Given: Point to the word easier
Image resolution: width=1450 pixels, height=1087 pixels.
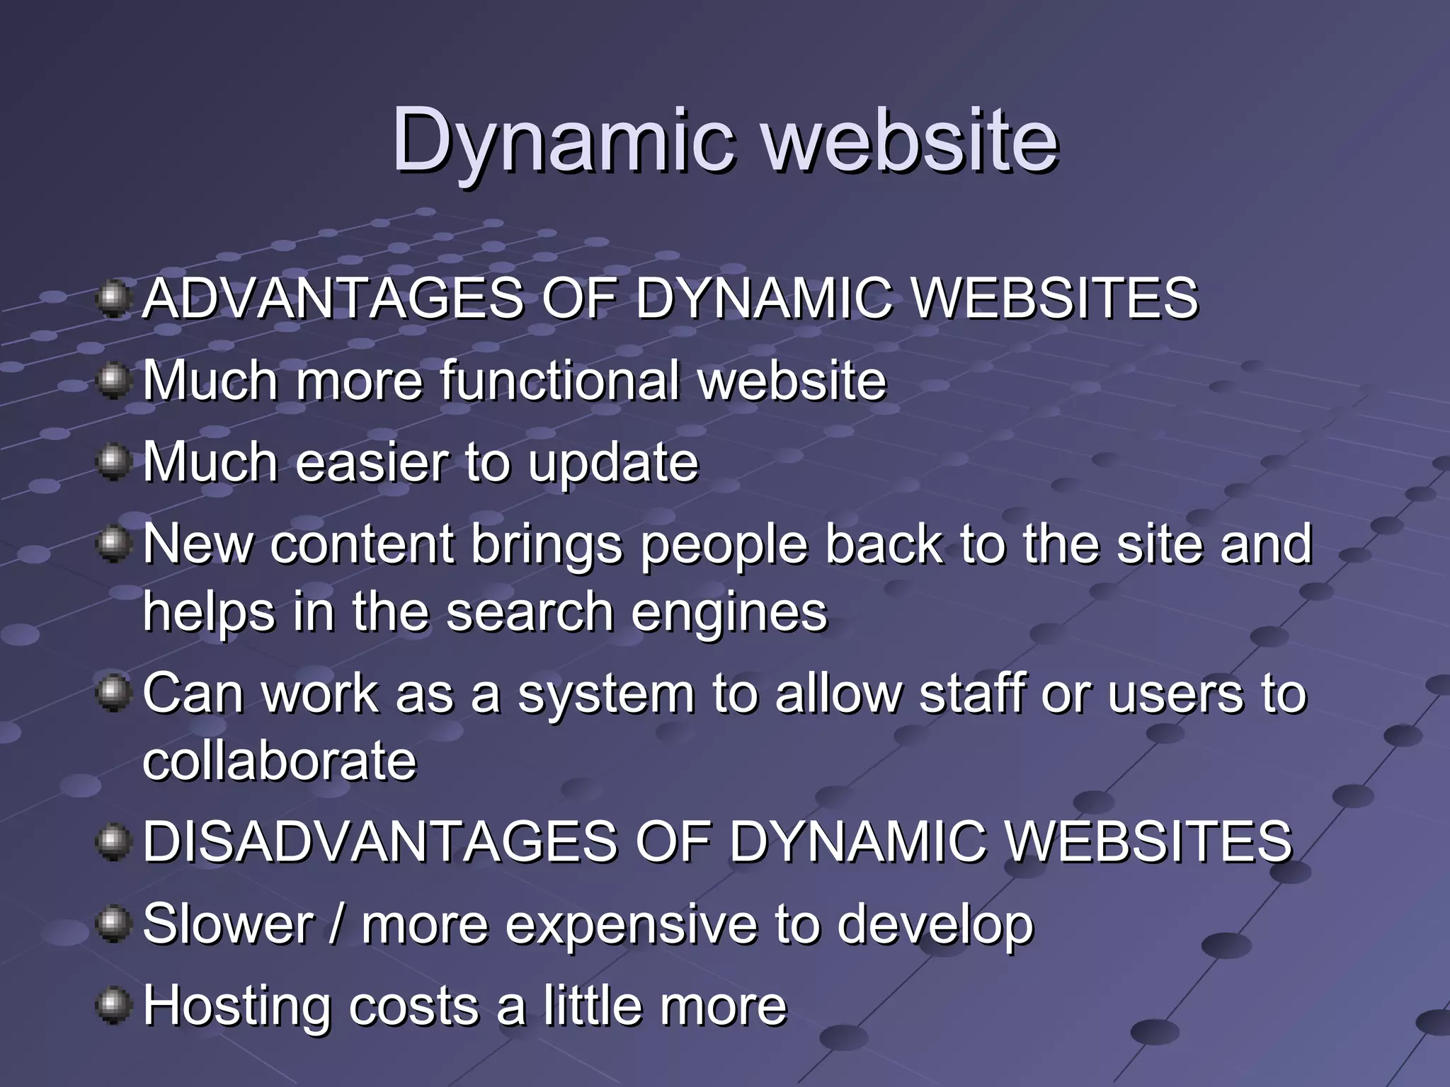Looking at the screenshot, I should coord(372,462).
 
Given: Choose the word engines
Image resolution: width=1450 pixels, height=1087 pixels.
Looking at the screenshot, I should coord(729,613).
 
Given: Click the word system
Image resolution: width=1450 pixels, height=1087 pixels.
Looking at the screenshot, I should coord(606,695).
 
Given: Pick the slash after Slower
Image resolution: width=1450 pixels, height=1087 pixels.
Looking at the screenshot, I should coord(337,924).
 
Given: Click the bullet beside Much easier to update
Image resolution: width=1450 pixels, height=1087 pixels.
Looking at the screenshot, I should coord(113,463).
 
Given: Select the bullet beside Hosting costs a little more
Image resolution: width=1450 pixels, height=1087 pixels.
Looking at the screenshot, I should coord(113,1006).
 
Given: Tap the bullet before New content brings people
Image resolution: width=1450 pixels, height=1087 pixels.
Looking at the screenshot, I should coord(113,545).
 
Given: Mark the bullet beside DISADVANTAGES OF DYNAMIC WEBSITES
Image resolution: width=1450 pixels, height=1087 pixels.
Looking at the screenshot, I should coord(113,842).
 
